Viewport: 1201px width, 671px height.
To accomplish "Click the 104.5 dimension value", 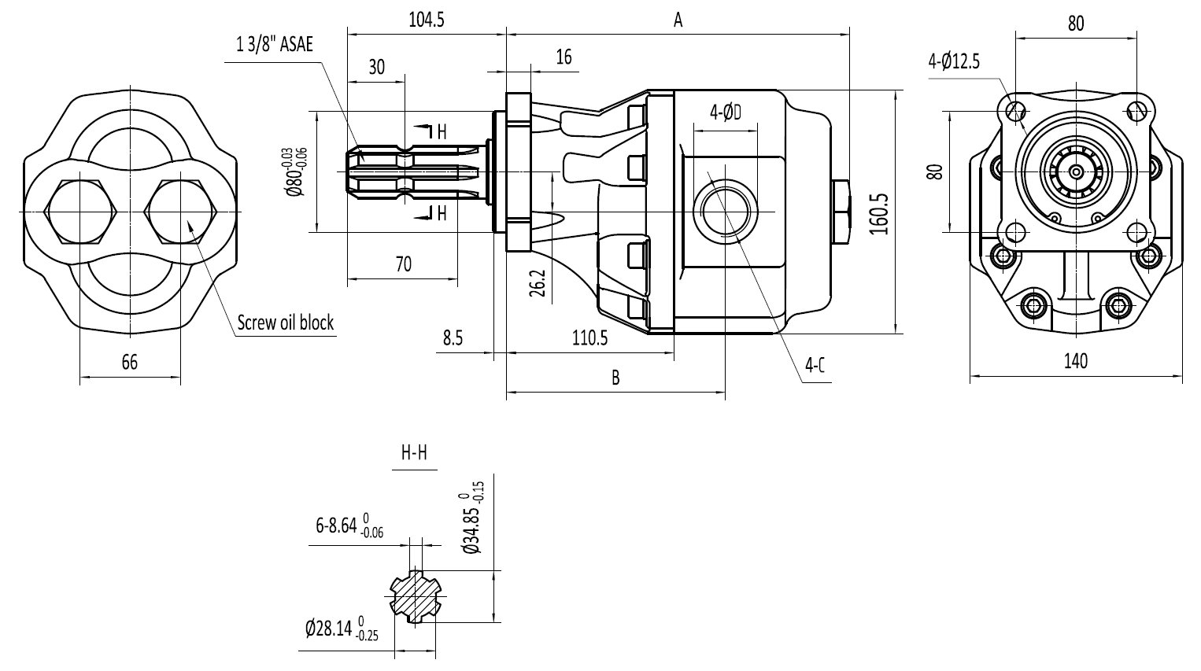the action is point(427,20).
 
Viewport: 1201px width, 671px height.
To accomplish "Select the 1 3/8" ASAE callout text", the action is point(275,44).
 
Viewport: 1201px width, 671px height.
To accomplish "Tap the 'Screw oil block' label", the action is point(285,322).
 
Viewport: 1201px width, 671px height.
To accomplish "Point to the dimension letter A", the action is point(678,20).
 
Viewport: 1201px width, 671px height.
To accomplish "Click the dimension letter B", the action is point(615,378).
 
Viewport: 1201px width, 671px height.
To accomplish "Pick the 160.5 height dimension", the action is point(879,214).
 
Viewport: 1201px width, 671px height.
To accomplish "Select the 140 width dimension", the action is point(1076,361).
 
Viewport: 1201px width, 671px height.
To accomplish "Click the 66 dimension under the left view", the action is point(130,363).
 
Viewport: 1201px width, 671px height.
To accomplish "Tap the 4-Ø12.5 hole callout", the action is point(954,61).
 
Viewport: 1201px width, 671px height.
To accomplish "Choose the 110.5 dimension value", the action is point(589,338).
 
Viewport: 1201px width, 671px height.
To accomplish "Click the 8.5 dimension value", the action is point(453,338).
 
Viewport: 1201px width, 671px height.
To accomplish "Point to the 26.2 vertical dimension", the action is point(537,282).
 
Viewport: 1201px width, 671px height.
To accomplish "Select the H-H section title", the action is point(415,453).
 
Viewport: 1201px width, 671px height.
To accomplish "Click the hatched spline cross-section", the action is point(416,595).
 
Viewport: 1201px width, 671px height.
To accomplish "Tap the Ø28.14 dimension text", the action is point(342,628).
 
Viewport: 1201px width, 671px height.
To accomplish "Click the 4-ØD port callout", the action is point(726,112).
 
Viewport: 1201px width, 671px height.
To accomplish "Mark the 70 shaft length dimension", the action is point(403,264).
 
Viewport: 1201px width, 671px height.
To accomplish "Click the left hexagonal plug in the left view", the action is point(80,212).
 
